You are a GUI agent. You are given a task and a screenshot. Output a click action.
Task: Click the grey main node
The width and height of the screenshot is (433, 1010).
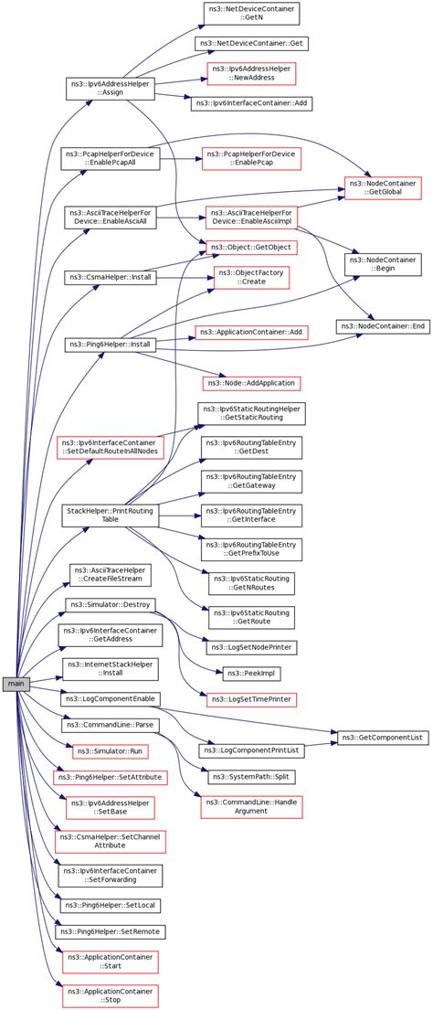tap(16, 684)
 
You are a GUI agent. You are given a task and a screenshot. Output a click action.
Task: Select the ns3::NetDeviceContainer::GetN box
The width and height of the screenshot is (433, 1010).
tap(251, 15)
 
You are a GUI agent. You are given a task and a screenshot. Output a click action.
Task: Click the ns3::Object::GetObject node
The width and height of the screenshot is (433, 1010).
tap(251, 248)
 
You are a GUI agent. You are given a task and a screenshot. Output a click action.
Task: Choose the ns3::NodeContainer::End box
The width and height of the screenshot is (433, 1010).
tap(384, 326)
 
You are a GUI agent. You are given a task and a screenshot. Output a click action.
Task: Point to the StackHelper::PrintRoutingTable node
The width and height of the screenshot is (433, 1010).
tap(111, 514)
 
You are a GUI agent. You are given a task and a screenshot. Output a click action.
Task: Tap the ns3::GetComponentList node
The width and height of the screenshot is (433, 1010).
tap(383, 736)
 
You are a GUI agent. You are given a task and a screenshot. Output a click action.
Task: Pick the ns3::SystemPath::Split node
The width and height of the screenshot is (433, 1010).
tap(251, 778)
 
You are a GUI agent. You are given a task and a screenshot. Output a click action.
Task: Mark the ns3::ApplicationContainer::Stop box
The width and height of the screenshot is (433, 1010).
tap(111, 996)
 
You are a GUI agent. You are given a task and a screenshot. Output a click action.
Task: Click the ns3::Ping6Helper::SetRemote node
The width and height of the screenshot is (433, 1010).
tap(111, 931)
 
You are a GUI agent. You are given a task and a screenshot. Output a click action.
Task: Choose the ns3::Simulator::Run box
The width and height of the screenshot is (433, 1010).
tap(111, 751)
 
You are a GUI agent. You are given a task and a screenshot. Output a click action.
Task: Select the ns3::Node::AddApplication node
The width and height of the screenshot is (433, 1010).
tap(251, 383)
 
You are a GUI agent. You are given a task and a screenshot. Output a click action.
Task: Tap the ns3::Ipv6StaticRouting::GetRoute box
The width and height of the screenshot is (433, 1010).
tap(251, 618)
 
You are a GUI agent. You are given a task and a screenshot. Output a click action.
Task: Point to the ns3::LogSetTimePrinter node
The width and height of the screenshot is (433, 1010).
tap(251, 697)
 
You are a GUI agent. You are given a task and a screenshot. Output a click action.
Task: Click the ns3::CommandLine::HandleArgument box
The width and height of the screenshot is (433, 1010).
tap(251, 807)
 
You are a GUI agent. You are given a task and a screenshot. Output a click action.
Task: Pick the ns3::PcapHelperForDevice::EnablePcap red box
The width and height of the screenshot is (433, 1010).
tap(251, 158)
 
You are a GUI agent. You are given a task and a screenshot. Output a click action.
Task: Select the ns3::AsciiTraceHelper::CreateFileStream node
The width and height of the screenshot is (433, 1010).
tap(111, 575)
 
